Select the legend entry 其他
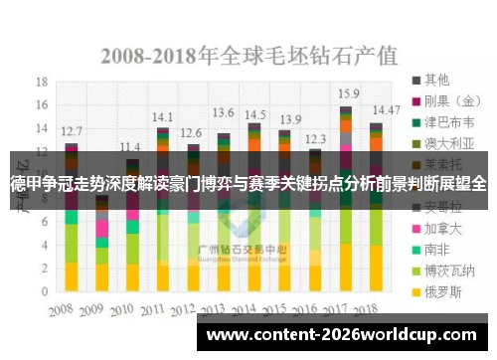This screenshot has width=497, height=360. (433, 79)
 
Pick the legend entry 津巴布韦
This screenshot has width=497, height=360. (443, 122)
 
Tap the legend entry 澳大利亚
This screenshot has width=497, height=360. (443, 144)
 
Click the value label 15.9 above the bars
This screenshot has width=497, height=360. (348, 93)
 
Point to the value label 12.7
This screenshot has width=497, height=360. (72, 130)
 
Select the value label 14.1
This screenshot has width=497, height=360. (162, 115)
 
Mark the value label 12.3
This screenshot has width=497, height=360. (315, 138)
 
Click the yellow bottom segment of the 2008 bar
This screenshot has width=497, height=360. (71, 276)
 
